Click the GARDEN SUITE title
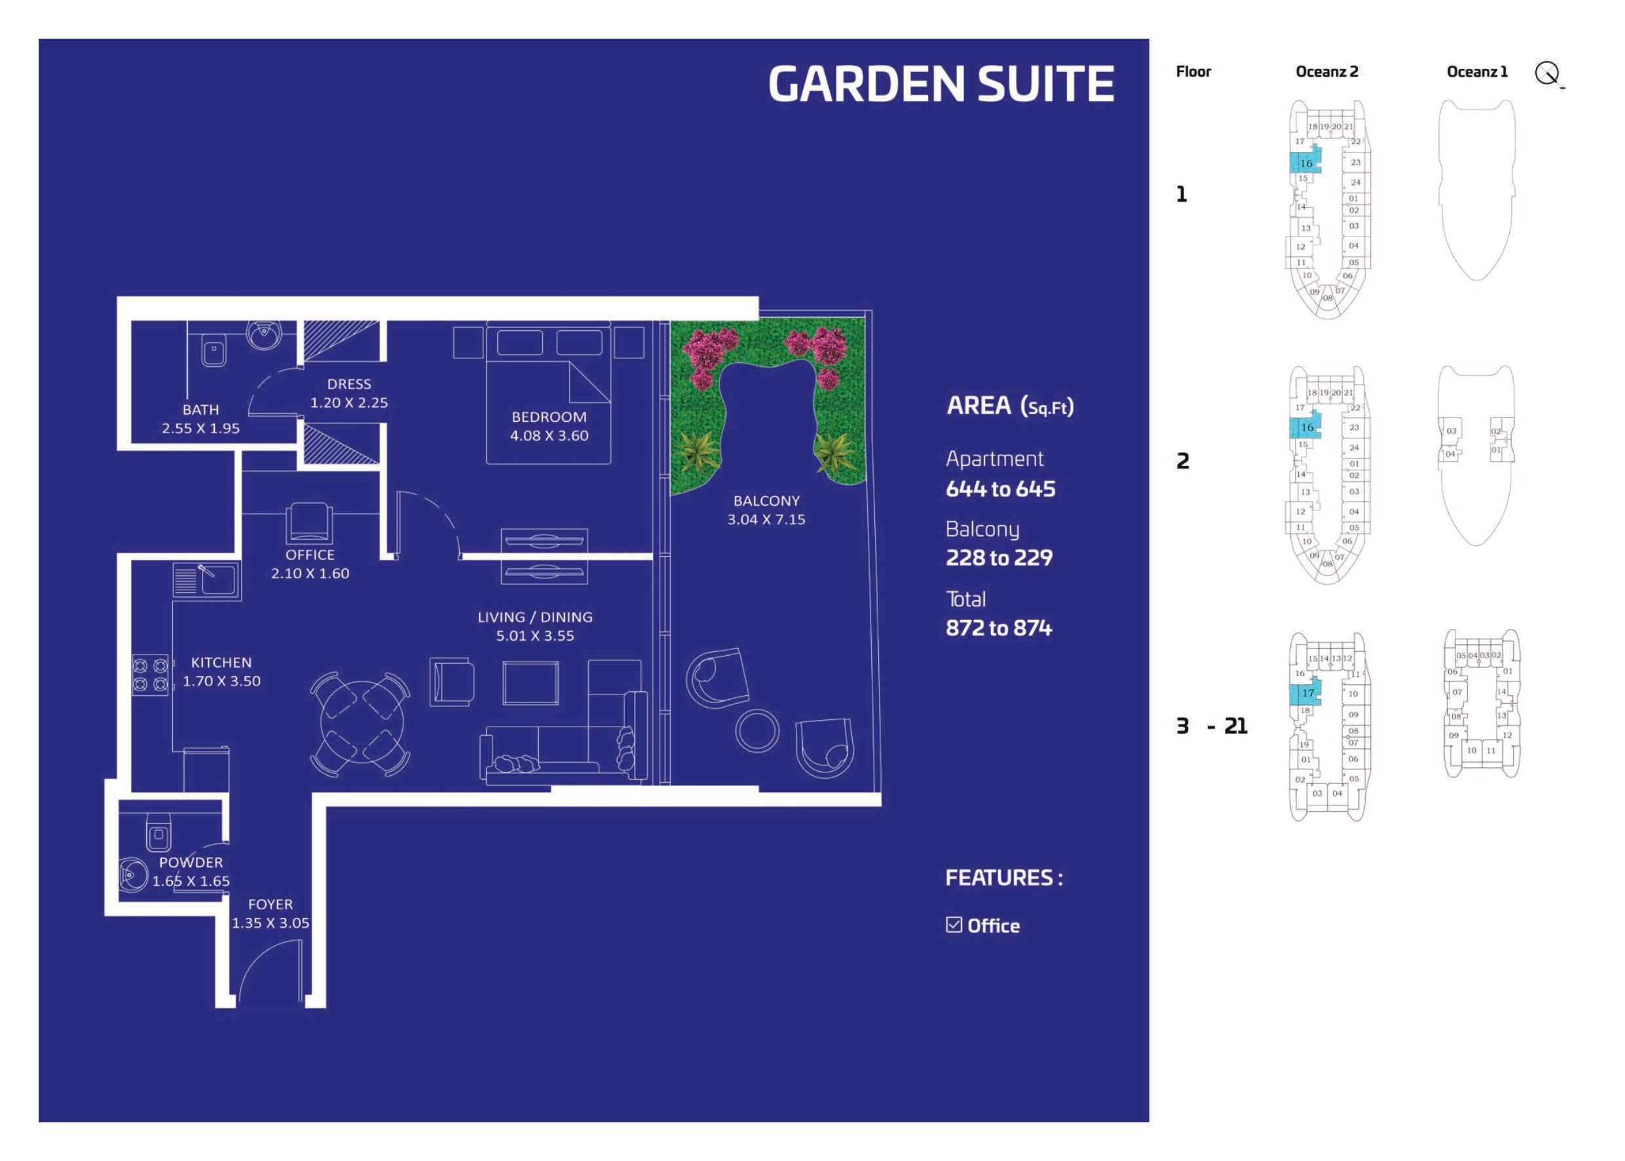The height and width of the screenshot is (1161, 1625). (941, 85)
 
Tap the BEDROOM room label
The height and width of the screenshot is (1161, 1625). (549, 417)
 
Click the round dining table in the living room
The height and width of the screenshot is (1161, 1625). (361, 723)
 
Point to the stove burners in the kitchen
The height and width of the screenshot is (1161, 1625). (150, 674)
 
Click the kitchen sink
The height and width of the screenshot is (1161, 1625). (217, 579)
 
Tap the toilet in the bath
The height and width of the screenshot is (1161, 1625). (213, 351)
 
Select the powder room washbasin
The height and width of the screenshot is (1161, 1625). (132, 875)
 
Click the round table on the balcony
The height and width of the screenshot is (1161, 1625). (756, 730)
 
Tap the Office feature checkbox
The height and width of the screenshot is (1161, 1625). (953, 925)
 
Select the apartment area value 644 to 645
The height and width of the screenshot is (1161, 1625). (999, 489)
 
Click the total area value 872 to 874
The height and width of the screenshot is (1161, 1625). (998, 628)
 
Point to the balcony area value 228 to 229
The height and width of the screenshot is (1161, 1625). (998, 558)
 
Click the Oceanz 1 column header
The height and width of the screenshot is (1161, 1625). (1476, 71)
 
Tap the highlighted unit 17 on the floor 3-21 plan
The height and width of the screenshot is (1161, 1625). (1305, 693)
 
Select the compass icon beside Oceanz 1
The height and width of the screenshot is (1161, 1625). (1548, 73)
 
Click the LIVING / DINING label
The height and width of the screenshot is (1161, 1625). (534, 617)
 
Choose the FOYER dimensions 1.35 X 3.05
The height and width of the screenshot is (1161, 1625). (270, 923)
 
